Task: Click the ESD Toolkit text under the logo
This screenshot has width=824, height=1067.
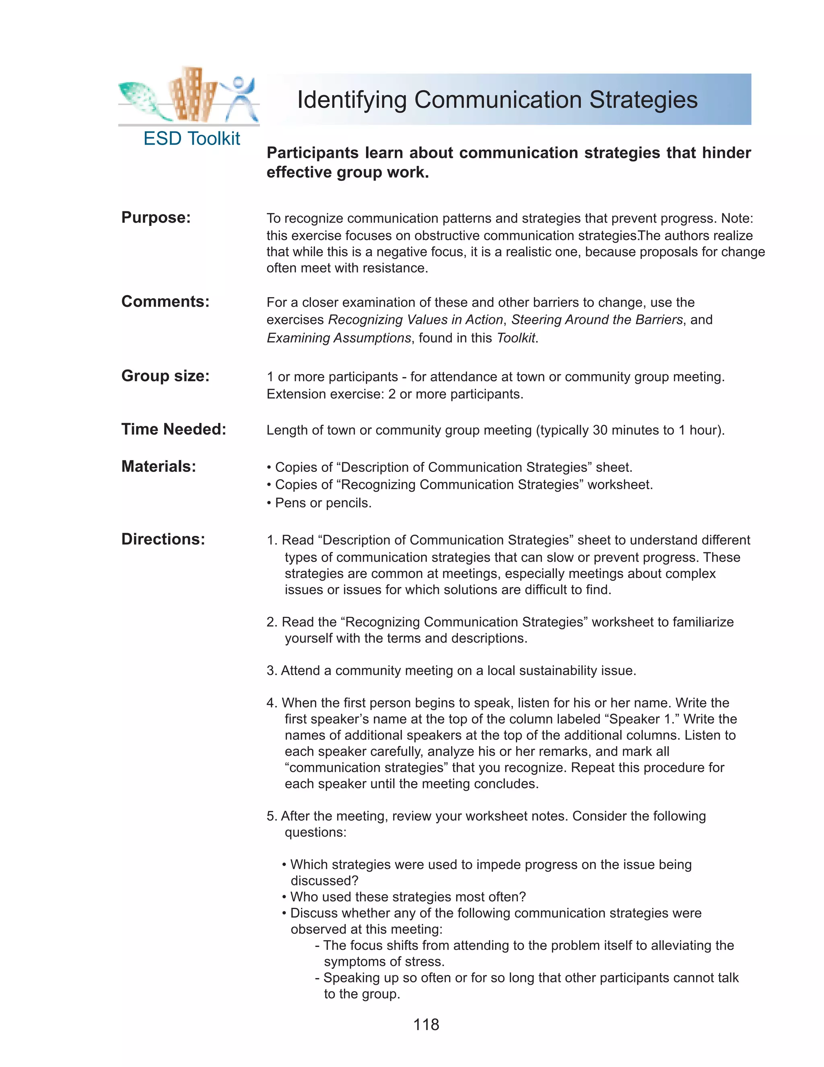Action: pyautogui.click(x=192, y=139)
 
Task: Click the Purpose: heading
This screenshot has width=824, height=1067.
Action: pyautogui.click(x=156, y=217)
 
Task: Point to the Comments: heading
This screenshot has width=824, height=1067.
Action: pyautogui.click(x=165, y=302)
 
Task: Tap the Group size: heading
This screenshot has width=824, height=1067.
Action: pyautogui.click(x=165, y=376)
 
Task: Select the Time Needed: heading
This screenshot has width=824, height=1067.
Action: pyautogui.click(x=174, y=429)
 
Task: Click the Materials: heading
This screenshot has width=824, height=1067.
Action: pyautogui.click(x=159, y=467)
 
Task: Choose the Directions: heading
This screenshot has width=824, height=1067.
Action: pyautogui.click(x=163, y=539)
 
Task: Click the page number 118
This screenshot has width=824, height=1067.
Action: pyautogui.click(x=426, y=1024)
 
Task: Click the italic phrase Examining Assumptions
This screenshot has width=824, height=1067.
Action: pyautogui.click(x=339, y=338)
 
